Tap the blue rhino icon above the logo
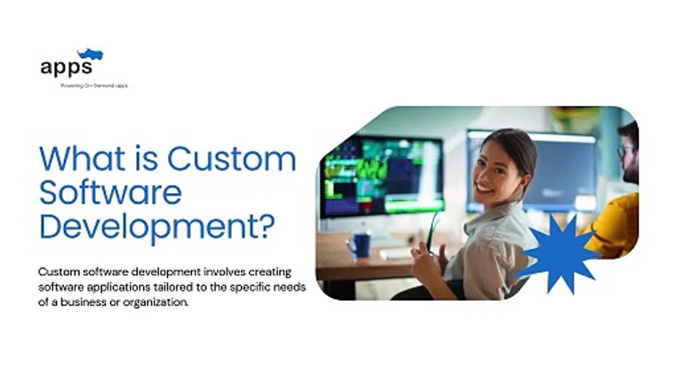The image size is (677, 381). click(90, 54)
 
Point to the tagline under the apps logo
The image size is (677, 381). click(94, 86)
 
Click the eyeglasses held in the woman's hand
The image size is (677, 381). click(433, 230)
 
